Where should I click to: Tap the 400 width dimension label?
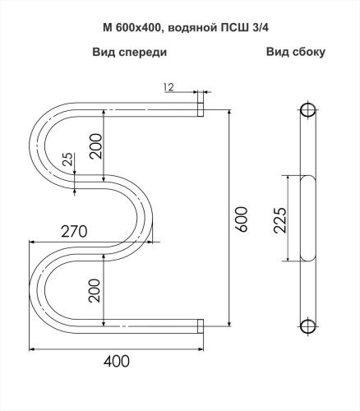click(x=117, y=361)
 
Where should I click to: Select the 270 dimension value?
click(x=74, y=232)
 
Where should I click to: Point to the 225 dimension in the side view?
click(x=280, y=220)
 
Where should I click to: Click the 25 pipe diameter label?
click(x=68, y=159)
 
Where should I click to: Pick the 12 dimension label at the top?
click(x=168, y=87)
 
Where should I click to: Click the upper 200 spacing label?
click(x=96, y=146)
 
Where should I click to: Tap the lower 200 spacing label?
click(x=95, y=290)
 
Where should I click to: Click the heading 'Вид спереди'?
click(x=130, y=52)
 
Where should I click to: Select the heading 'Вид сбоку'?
click(x=296, y=52)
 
